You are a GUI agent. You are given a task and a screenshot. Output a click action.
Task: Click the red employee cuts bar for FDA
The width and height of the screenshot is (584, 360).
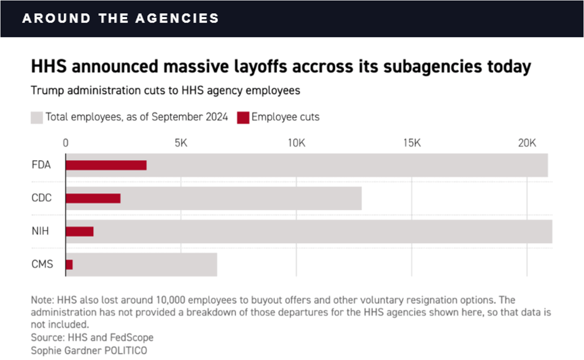[x=106, y=165]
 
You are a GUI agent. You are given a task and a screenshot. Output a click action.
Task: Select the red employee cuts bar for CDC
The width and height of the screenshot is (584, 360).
[x=93, y=198]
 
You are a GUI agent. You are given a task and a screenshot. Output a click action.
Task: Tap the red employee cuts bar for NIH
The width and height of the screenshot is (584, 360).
[x=80, y=231]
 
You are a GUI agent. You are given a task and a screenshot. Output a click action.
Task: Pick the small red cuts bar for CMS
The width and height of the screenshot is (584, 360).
[x=69, y=264]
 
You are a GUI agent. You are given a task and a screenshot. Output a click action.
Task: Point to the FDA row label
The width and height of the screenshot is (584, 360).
[x=41, y=165]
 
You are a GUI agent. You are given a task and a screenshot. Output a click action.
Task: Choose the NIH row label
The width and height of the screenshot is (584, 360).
[x=40, y=231]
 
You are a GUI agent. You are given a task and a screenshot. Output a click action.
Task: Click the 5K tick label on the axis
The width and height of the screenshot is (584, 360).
[x=181, y=143]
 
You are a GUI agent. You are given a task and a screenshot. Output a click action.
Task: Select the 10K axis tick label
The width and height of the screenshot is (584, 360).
[x=296, y=143]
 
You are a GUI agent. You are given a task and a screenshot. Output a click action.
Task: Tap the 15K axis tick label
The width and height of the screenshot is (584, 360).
[x=412, y=143]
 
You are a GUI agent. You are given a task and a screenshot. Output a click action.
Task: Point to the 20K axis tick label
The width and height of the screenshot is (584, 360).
[x=526, y=143]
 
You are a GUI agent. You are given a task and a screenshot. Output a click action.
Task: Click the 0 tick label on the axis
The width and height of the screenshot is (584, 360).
[x=66, y=143]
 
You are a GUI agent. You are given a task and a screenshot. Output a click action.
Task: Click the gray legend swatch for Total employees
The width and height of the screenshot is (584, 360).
[x=37, y=118]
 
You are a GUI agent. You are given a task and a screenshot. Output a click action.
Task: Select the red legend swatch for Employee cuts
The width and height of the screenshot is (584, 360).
[x=243, y=118]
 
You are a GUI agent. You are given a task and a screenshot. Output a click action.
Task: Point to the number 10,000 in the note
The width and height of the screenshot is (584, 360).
[x=173, y=300]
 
